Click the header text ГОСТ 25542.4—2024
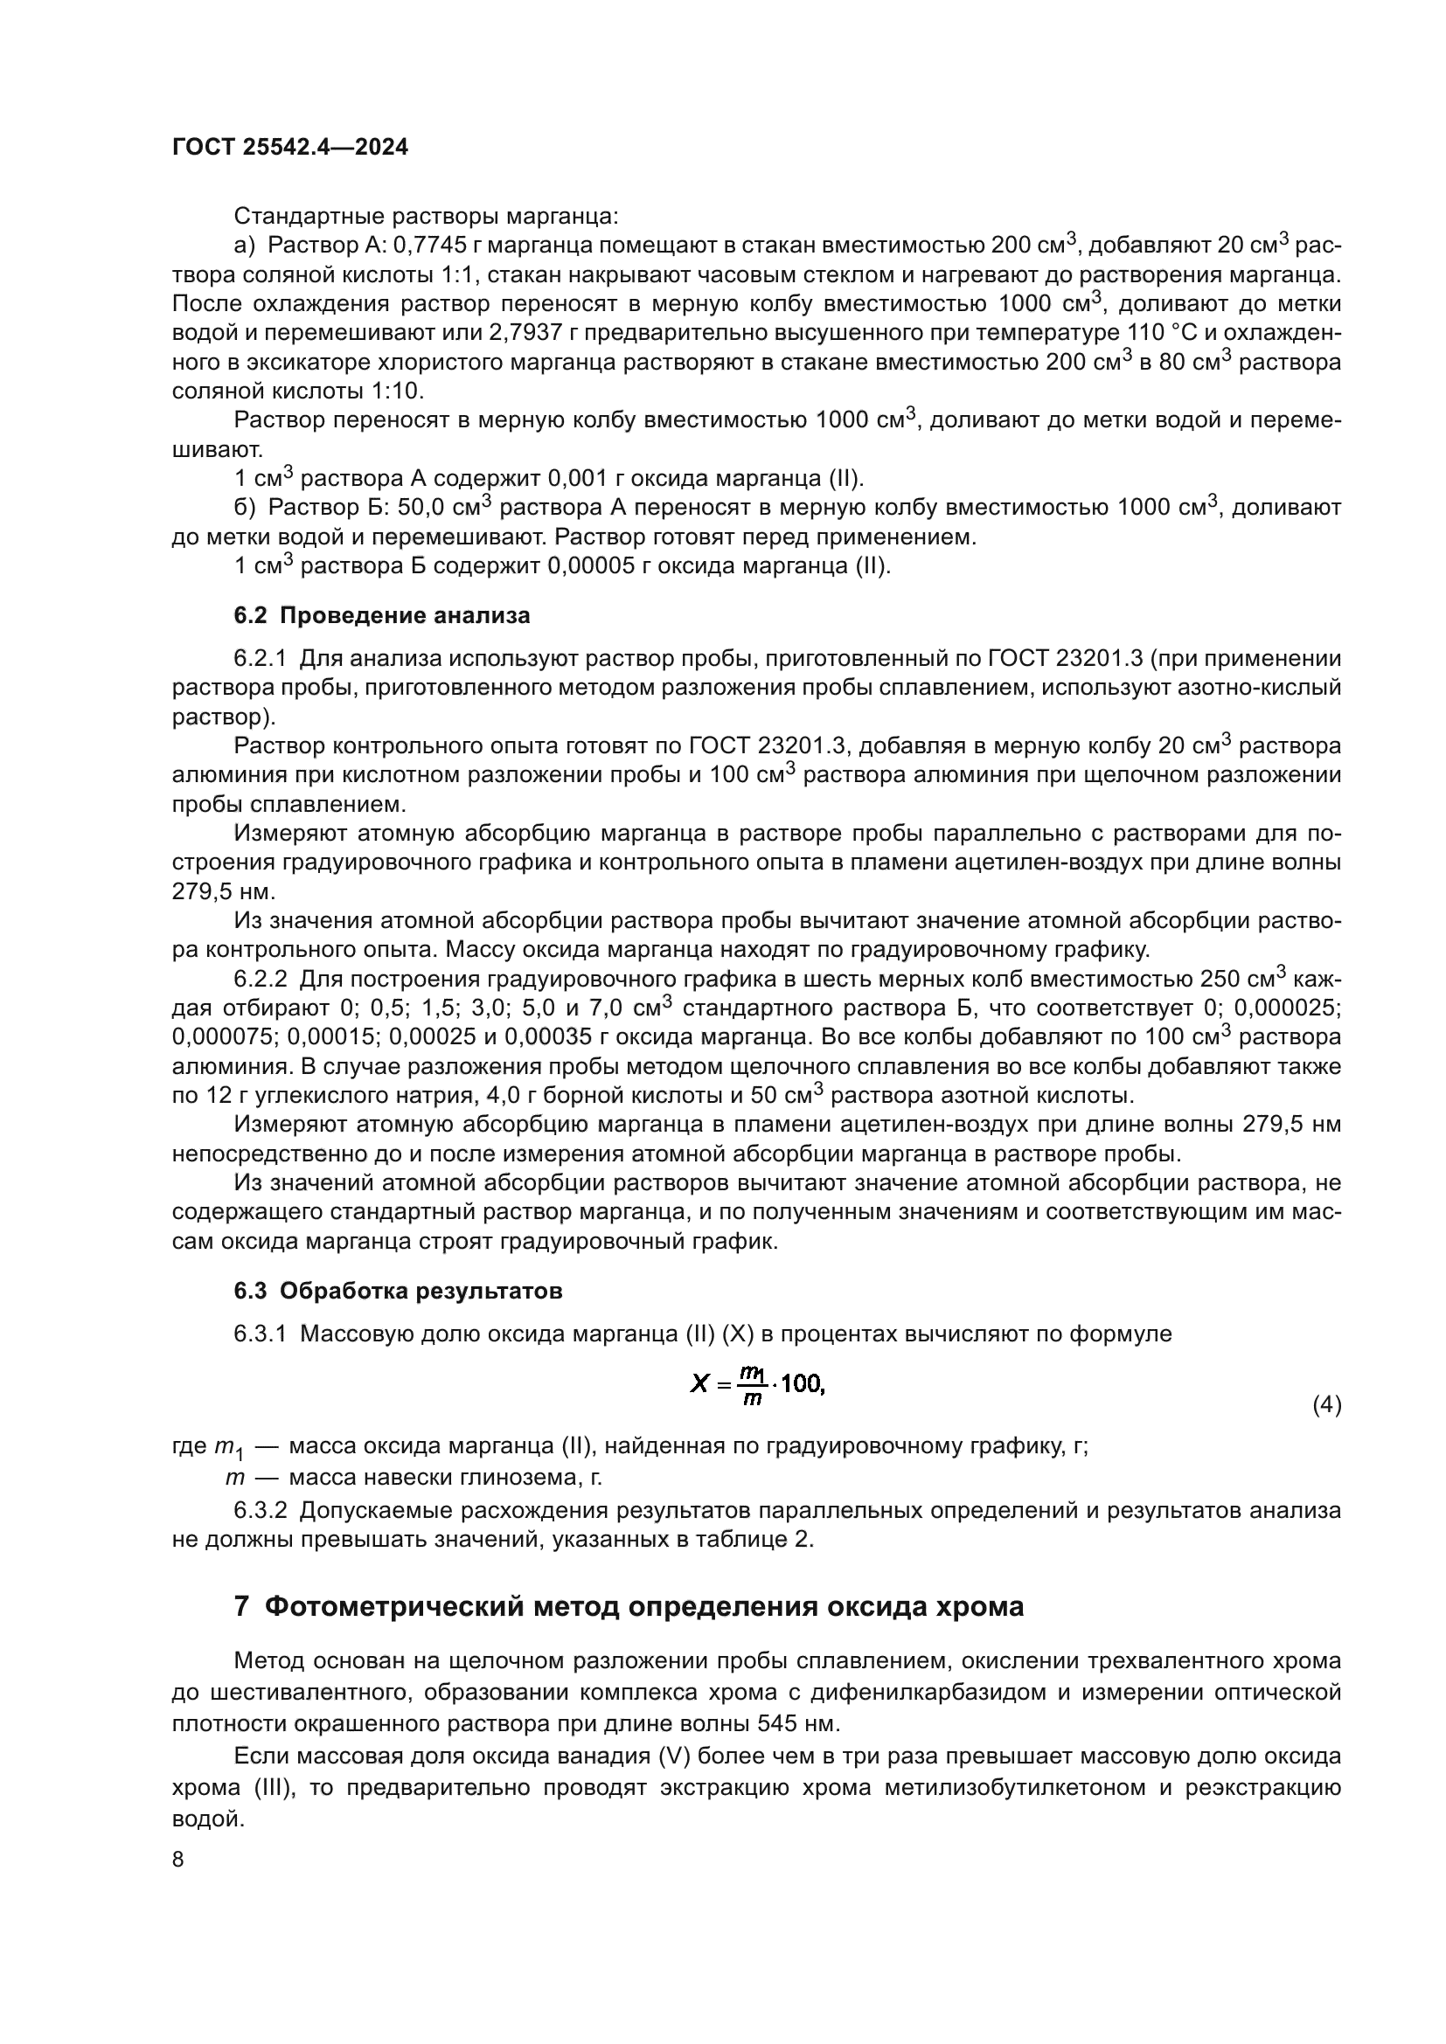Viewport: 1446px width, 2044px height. coord(289,148)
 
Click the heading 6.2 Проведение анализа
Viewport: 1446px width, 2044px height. coord(381,615)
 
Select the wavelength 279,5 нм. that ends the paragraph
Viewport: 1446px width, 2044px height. coord(224,892)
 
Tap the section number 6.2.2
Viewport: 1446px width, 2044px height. coord(260,980)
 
